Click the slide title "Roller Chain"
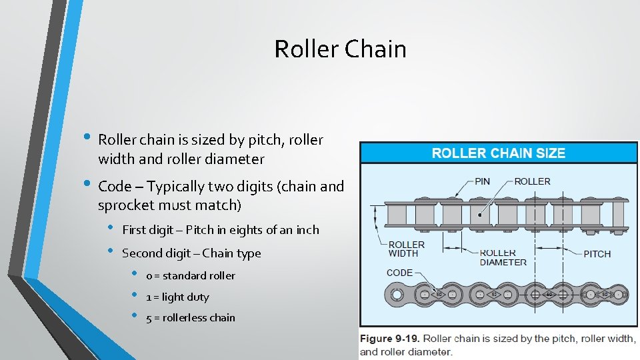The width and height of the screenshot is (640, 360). point(340,49)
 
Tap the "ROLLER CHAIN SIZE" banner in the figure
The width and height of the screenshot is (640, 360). point(498,153)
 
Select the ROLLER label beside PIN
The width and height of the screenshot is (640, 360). point(532,181)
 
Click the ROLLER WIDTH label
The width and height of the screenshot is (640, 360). point(406,249)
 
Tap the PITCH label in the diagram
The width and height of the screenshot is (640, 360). point(597,254)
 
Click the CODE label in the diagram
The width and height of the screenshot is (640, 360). point(399,273)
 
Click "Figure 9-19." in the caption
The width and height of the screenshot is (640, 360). point(390,339)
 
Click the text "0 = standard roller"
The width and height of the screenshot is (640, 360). point(191,275)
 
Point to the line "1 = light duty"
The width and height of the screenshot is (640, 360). point(177,297)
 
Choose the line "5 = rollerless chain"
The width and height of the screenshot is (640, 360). point(191,317)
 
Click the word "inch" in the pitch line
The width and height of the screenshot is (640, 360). point(306,230)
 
